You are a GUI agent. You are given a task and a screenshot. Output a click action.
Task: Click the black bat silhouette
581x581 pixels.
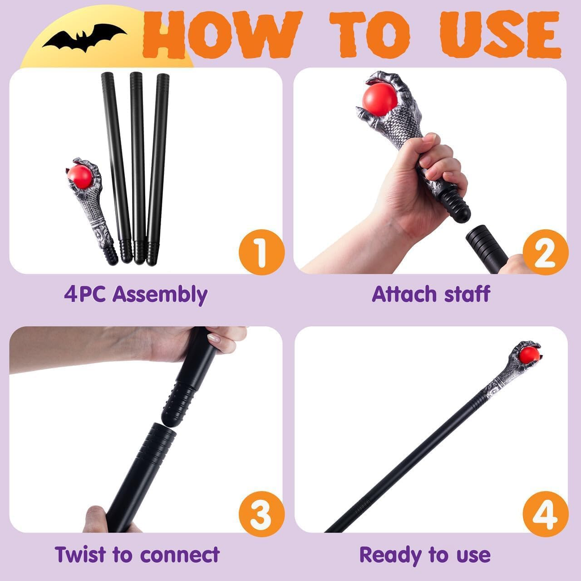(x=84, y=37)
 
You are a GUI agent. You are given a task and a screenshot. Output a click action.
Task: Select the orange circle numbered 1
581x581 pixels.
(x=261, y=252)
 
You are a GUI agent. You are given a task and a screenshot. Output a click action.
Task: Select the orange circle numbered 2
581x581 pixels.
(x=545, y=252)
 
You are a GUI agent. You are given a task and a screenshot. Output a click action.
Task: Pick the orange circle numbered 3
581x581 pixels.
(x=261, y=513)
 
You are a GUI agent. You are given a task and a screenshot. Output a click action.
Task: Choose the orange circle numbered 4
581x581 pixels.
(x=545, y=513)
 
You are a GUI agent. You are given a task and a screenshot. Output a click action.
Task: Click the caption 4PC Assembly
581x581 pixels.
(x=136, y=295)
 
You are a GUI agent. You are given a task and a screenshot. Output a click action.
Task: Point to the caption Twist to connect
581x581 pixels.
(x=137, y=554)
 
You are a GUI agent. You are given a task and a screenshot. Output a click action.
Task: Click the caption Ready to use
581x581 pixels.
(x=425, y=554)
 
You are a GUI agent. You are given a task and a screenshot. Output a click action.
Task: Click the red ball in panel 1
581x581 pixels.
(x=80, y=176)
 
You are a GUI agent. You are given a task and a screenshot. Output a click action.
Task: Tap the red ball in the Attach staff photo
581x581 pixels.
(x=380, y=99)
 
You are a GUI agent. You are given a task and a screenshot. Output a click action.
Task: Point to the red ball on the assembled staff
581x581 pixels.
(x=529, y=355)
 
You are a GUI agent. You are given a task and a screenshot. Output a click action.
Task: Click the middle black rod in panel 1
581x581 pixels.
(x=138, y=165)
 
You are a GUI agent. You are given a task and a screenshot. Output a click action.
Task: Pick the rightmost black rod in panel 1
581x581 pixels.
(x=157, y=165)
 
